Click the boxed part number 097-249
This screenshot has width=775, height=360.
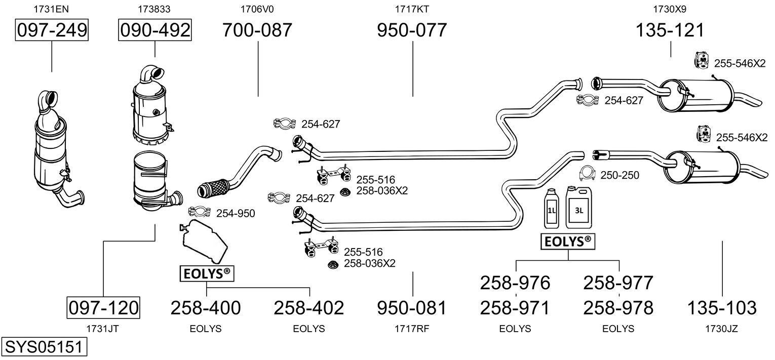point(52,30)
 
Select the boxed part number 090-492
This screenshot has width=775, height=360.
point(155,30)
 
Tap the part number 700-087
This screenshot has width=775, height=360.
point(257,30)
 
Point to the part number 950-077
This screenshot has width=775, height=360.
point(412,30)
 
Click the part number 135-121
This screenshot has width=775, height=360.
point(670,30)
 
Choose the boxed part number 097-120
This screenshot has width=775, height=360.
point(103,307)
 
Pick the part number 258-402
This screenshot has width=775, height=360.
point(308,308)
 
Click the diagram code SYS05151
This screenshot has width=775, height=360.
point(44,347)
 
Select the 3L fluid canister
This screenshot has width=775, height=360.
point(579,207)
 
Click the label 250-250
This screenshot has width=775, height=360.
point(619,175)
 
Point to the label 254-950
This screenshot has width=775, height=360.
point(236,213)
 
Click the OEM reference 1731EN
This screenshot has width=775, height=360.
point(51,9)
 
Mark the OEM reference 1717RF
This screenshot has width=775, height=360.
point(412,329)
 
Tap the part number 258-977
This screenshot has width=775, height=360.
point(618,283)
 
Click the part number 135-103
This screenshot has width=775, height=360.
point(722,308)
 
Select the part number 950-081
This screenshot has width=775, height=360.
point(412,308)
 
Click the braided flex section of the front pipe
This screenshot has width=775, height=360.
point(213,188)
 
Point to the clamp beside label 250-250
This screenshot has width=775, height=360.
point(587,174)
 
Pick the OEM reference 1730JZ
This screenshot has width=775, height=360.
point(722,329)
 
